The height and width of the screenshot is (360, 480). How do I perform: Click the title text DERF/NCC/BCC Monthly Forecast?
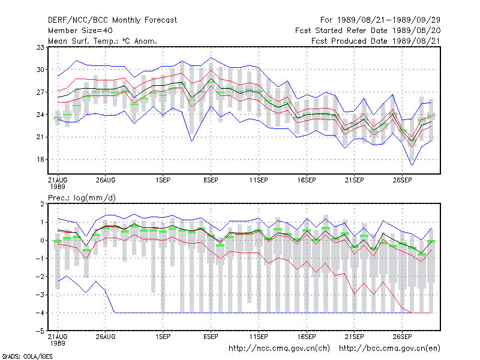point(112,20)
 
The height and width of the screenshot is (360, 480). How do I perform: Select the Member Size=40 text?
point(80,31)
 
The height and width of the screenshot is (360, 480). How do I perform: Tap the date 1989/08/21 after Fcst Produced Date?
point(416,41)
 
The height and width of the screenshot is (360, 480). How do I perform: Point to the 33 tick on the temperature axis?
point(40,47)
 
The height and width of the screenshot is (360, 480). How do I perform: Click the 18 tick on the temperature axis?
point(40,160)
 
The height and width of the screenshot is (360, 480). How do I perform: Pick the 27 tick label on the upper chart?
point(40,92)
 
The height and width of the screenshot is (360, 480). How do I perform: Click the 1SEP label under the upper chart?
point(163,181)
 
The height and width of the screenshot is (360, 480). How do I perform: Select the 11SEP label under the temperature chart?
point(259,181)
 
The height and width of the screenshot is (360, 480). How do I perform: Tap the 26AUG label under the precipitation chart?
point(106,337)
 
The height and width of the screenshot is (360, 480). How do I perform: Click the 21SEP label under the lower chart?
point(355,337)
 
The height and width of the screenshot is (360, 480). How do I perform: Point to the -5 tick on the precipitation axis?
point(40,331)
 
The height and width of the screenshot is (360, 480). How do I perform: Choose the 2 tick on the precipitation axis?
point(42,204)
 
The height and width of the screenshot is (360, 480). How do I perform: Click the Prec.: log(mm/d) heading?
point(82,198)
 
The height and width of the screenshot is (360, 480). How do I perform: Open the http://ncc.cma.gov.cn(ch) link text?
point(279,349)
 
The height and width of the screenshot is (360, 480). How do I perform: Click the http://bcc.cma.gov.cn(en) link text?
point(389,349)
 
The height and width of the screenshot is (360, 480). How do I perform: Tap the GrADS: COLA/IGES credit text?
point(27,356)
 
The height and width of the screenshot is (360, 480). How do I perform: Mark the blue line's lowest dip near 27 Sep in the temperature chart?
point(412,166)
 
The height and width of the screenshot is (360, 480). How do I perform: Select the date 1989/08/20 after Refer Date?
point(416,31)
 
